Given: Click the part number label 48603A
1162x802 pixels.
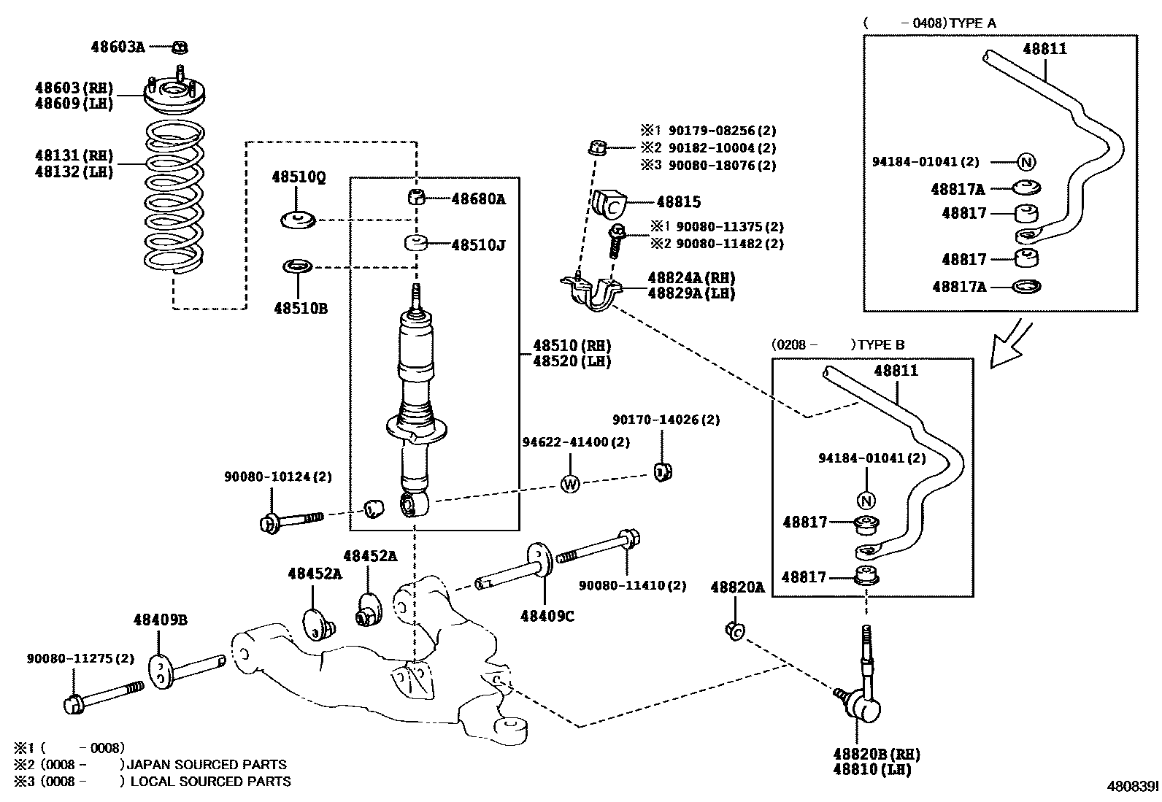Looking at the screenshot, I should pyautogui.click(x=118, y=47).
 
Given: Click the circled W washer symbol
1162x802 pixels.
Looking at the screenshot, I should pyautogui.click(x=570, y=483).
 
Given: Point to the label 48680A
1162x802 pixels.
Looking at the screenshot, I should pyautogui.click(x=478, y=198).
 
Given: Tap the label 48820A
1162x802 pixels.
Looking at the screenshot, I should pyautogui.click(x=737, y=587).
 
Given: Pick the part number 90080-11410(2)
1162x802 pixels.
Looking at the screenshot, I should pyautogui.click(x=633, y=585).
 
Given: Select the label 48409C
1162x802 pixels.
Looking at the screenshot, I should pyautogui.click(x=547, y=616).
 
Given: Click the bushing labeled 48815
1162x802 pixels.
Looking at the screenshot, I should pyautogui.click(x=609, y=204).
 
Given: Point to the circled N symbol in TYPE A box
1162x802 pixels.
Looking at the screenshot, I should pyautogui.click(x=1026, y=162).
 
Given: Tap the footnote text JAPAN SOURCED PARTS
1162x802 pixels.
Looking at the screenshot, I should pyautogui.click(x=207, y=765).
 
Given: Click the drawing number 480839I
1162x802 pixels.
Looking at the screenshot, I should pyautogui.click(x=1132, y=787).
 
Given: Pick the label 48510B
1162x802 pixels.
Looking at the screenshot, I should pyautogui.click(x=301, y=309).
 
